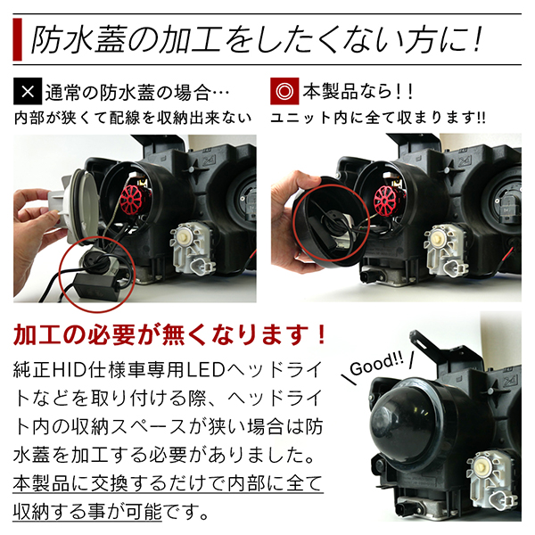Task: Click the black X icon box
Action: click(x=28, y=91)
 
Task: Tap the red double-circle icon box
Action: click(x=284, y=91)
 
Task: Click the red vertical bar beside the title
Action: click(x=17, y=39)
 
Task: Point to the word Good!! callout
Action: click(x=376, y=365)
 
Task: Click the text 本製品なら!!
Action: click(x=358, y=92)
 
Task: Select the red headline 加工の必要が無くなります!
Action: click(x=169, y=334)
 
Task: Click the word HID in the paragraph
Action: click(x=69, y=370)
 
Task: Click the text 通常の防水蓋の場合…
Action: click(x=137, y=92)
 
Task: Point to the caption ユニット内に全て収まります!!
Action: click(x=378, y=118)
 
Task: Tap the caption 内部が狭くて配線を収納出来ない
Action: click(x=133, y=118)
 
